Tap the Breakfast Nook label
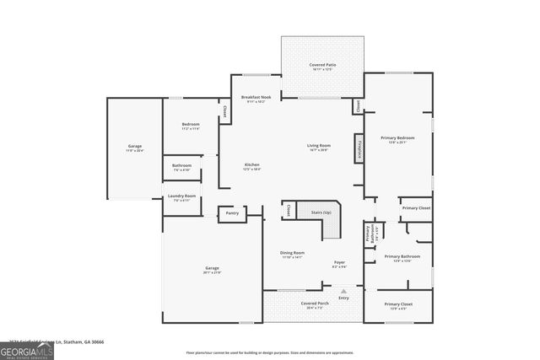coord(256,98)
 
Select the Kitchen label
coord(251,166)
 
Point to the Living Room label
coord(318,148)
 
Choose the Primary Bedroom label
coord(397,139)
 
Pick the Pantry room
coord(232,213)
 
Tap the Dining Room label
coord(293,254)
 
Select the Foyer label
coord(339,264)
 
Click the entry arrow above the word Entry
coord(343,291)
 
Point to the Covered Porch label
coord(315,304)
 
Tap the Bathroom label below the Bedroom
coord(181,167)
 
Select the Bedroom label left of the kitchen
coord(190,126)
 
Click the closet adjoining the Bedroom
coord(224,110)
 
